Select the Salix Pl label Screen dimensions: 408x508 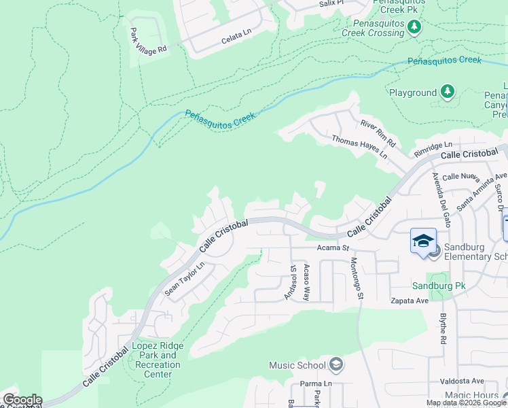pyautogui.click(x=331, y=3)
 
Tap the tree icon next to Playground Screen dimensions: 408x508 pyautogui.click(x=447, y=92)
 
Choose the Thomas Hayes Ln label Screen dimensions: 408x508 pyautogui.click(x=359, y=147)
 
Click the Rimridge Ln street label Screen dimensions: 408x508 pyautogui.click(x=433, y=146)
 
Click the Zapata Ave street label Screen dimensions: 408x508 pyautogui.click(x=408, y=300)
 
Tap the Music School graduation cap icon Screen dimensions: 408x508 pyautogui.click(x=335, y=365)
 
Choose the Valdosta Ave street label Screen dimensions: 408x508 pyautogui.click(x=461, y=381)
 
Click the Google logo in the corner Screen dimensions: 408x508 pyautogui.click(x=22, y=400)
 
